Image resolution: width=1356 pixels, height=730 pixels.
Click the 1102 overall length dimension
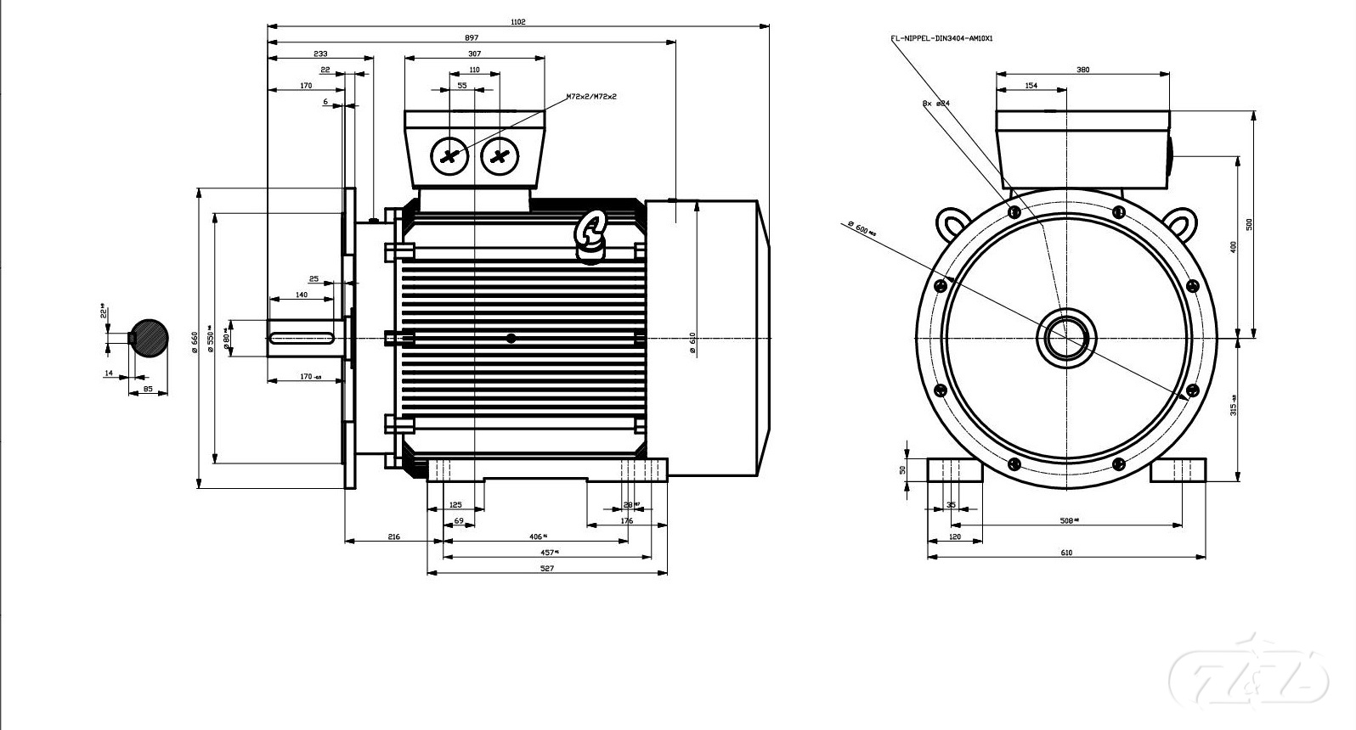[x=518, y=22]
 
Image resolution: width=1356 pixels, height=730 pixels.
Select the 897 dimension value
[x=472, y=37]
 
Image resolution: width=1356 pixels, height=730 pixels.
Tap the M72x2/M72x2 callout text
[x=591, y=97]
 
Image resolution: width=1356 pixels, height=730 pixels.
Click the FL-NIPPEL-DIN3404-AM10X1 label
[x=941, y=38]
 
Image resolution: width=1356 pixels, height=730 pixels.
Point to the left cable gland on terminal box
[x=449, y=156]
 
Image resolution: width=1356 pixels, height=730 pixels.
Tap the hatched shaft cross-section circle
[x=148, y=338]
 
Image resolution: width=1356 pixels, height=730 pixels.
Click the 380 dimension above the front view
[x=1082, y=70]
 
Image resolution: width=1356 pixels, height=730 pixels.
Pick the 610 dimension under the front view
[x=1066, y=553]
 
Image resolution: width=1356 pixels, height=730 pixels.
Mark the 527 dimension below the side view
[x=547, y=569]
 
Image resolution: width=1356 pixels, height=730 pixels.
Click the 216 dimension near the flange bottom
[x=393, y=536]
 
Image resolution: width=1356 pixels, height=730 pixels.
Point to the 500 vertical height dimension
[x=1249, y=224]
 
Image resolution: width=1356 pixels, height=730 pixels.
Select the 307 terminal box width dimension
[x=474, y=53]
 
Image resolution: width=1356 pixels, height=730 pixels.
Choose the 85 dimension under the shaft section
[x=148, y=389]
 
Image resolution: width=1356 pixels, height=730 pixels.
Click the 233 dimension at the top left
[x=320, y=53]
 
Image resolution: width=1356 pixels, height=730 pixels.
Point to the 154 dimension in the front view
[x=1031, y=85]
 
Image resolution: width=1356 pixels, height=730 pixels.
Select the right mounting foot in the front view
[x=1178, y=470]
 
